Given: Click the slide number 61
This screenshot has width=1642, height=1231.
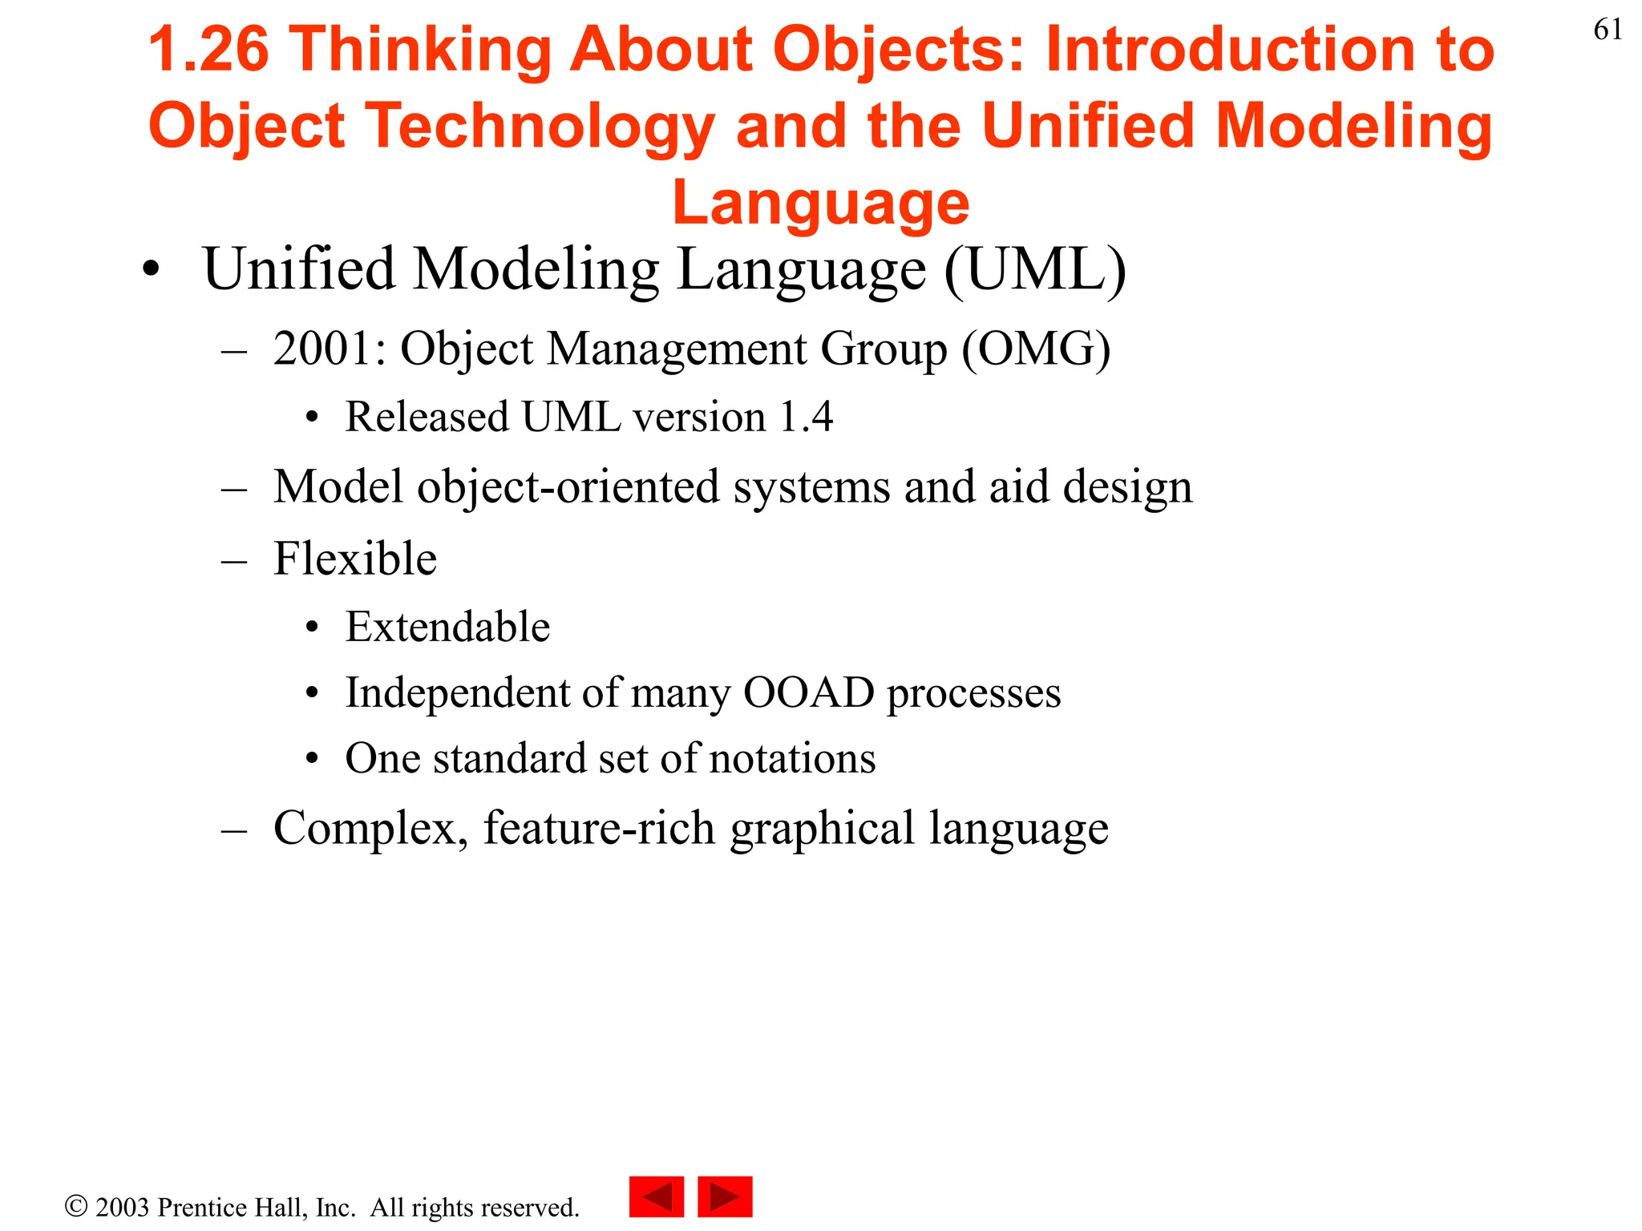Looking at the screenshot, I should (x=1608, y=30).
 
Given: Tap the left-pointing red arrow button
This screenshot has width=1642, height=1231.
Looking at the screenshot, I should (x=657, y=1197).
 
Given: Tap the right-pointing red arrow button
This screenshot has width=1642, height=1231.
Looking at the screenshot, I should (x=725, y=1197).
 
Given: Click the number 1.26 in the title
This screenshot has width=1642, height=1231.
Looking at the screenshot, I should (x=208, y=50).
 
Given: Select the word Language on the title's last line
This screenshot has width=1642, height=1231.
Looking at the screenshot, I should (x=820, y=203).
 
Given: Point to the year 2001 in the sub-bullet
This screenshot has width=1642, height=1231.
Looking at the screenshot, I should (x=322, y=349).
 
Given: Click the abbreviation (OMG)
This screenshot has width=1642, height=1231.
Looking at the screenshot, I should (x=1036, y=349).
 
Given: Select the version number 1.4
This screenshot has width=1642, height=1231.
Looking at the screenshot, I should (x=806, y=418).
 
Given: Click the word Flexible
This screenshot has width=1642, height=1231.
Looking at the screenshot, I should (x=354, y=559).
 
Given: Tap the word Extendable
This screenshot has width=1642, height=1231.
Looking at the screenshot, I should (x=447, y=627).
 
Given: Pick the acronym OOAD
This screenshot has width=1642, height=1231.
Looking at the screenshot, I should (x=808, y=692).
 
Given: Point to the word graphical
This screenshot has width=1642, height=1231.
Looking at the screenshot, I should (x=822, y=829).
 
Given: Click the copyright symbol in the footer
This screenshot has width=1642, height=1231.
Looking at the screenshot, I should (x=76, y=1206).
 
